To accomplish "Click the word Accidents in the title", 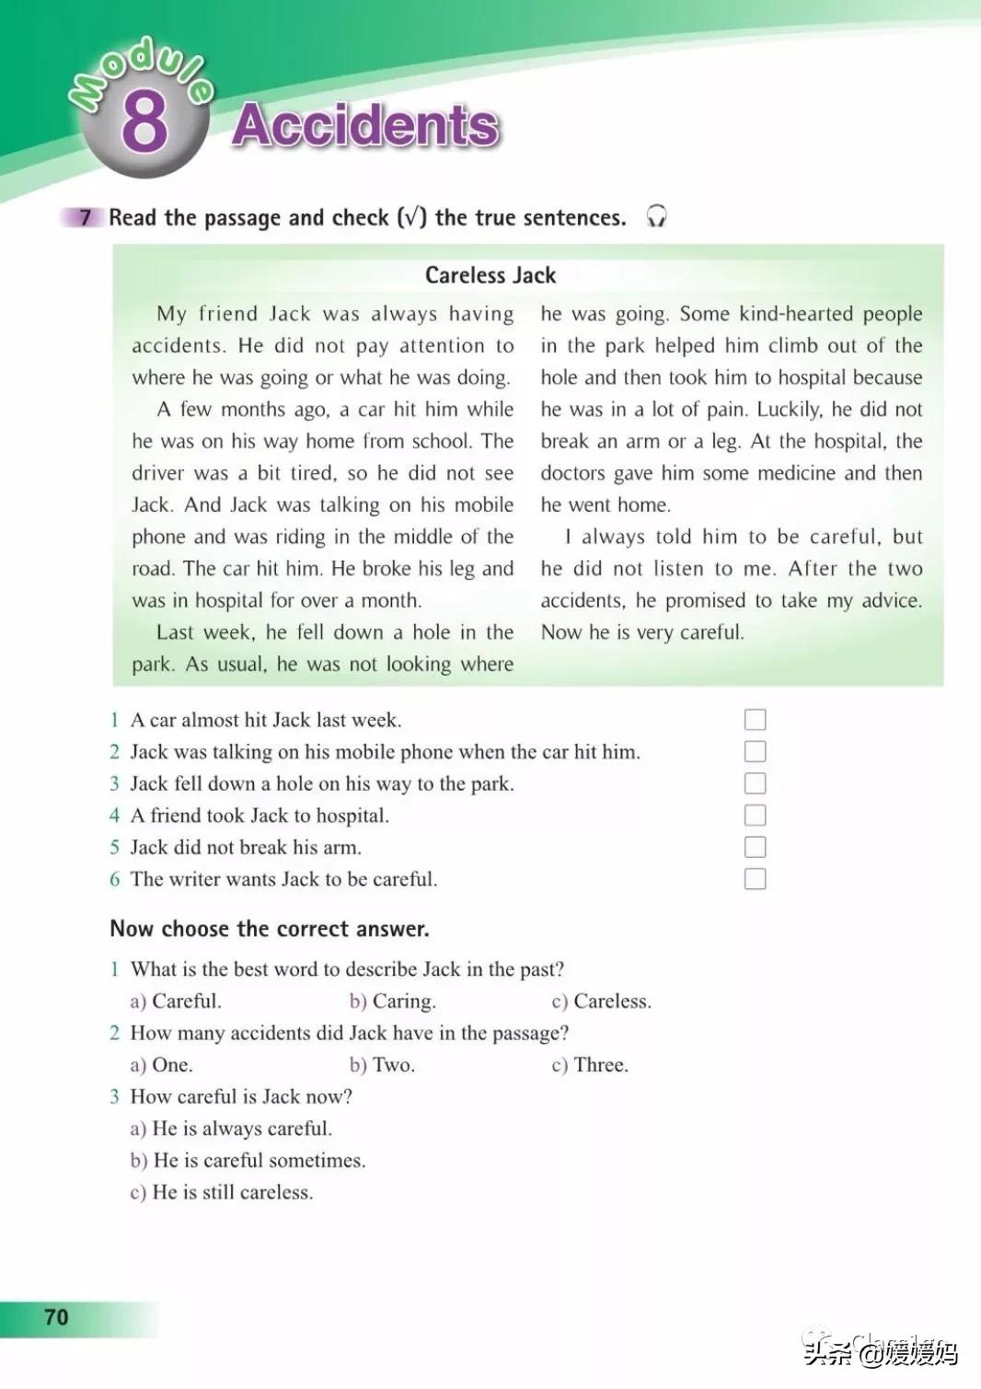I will click(365, 125).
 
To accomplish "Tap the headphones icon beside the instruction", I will click(656, 216).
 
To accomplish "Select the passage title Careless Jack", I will click(490, 275).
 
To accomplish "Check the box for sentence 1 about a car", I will click(755, 720).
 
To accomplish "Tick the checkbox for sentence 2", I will click(755, 752).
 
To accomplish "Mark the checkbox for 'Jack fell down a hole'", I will click(755, 783).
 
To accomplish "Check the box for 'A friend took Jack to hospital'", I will click(755, 816).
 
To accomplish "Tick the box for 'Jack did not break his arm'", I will click(755, 847).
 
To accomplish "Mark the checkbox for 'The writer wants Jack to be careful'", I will click(755, 879).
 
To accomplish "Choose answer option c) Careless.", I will click(602, 1001).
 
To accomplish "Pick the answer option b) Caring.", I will click(393, 1001).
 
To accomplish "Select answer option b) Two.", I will click(383, 1065).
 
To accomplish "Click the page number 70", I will click(56, 1317).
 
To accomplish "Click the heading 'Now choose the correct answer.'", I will click(270, 929).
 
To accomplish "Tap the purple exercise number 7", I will click(86, 217).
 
